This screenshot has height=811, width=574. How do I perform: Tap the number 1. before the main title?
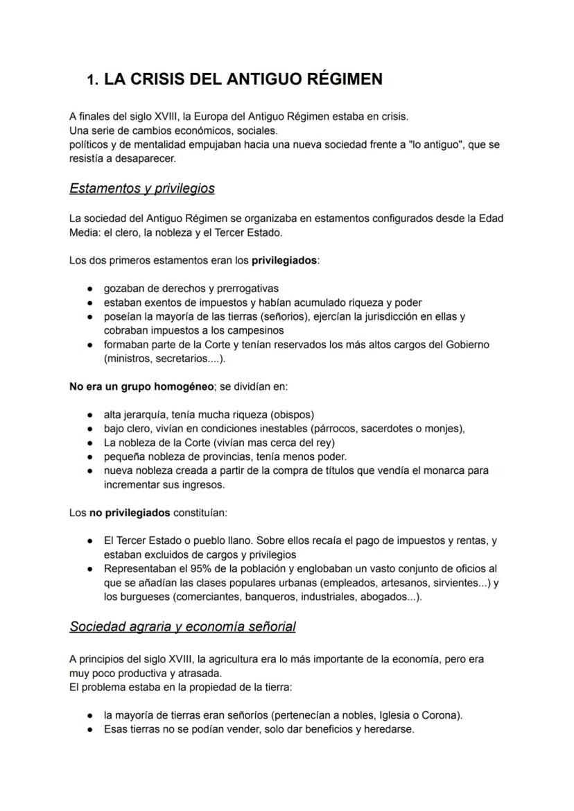93,80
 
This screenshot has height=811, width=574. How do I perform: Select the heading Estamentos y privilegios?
142,188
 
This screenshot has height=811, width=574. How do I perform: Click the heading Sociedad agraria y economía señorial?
182,626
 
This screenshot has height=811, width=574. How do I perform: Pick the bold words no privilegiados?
130,513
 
